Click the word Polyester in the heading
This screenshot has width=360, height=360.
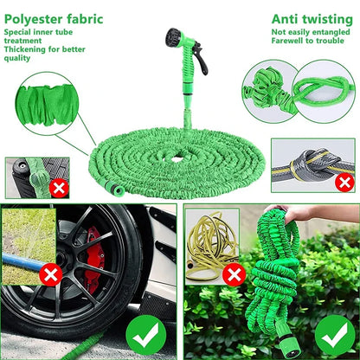pos(34,17)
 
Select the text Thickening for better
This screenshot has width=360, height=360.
pos(44,49)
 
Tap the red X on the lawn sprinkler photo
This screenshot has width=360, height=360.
pos(50,276)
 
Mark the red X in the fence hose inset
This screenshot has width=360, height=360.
pos(57,186)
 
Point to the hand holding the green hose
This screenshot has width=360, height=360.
pos(298,212)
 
